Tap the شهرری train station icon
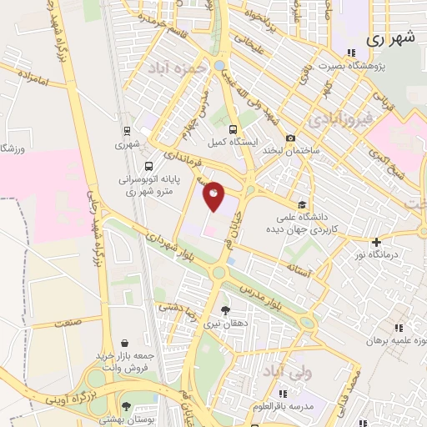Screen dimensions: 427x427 coord(126,130)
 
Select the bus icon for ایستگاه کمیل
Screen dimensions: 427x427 coord(233,129)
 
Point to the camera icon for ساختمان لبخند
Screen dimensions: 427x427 coord(290,138)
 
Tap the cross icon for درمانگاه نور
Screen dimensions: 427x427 coord(376,241)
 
